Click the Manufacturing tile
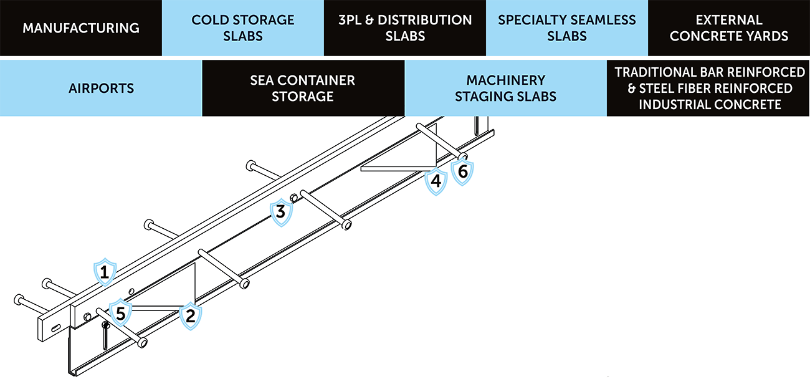pos(81,28)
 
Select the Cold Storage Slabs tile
pos(243,28)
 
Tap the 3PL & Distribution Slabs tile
pos(405,28)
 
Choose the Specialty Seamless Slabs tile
pos(567,28)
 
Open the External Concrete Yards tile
pos(729,28)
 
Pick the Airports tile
pos(101,88)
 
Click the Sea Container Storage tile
pos(303,88)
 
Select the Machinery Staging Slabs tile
pos(505,88)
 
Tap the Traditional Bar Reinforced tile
pos(709,88)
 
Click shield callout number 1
pos(105,271)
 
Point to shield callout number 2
pos(191,315)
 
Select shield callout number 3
pos(281,213)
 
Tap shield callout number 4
pos(436,181)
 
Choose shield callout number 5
pos(121,311)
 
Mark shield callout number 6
pos(462,171)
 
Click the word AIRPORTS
pos(101,89)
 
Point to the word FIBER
pos(702,89)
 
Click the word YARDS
pos(766,36)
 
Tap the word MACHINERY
pos(505,80)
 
